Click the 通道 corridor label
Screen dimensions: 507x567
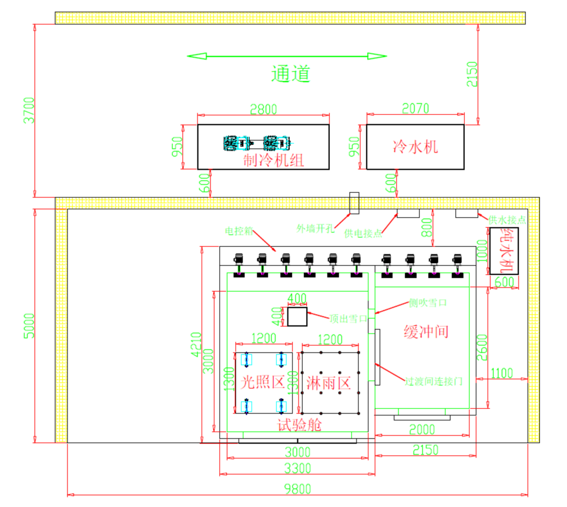[x=290, y=73]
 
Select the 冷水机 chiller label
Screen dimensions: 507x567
[x=416, y=146]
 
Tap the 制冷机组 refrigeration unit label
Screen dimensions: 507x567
[x=274, y=160]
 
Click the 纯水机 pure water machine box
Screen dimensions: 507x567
[x=504, y=251]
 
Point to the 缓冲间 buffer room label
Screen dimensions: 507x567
[x=426, y=331]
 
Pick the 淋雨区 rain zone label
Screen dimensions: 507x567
[x=329, y=383]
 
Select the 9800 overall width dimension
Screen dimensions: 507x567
[x=297, y=488]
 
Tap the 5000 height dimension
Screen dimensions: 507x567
[x=30, y=325]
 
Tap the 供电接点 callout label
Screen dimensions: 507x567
[x=362, y=233]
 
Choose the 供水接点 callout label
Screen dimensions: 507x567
[x=507, y=219]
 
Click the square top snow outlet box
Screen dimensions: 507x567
[x=297, y=317]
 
